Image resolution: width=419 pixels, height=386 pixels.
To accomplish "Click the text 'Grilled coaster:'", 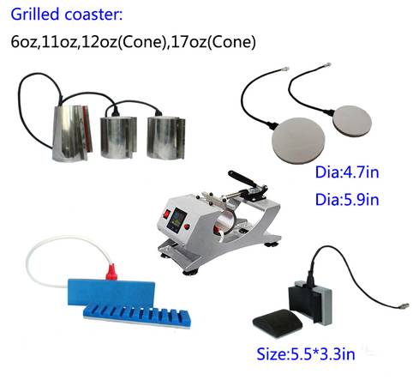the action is tap(67, 15).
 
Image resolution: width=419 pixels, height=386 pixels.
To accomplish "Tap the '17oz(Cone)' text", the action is tap(213, 42).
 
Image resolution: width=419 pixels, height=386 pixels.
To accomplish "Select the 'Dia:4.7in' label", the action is tap(347, 172).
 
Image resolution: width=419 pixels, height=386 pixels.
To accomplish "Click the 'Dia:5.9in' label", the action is tap(347, 199).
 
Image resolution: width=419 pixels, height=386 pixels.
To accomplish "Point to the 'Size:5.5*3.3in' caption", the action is tap(306, 354).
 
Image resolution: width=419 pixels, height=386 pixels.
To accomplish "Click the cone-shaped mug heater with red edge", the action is tap(72, 133).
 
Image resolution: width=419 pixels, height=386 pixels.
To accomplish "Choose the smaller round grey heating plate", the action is tap(352, 121).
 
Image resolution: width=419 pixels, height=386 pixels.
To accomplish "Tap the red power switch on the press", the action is tap(166, 214).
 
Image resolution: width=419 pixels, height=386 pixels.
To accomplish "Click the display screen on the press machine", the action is tap(177, 220).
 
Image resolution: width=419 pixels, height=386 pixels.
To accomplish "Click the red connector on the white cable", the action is tap(111, 272).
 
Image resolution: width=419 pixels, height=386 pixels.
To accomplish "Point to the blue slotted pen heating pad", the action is tap(137, 316).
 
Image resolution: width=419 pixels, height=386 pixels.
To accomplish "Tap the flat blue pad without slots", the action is tap(111, 293).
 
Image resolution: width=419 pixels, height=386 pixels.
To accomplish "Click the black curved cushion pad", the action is tap(278, 323).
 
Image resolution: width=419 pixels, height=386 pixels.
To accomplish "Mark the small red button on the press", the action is tap(187, 226).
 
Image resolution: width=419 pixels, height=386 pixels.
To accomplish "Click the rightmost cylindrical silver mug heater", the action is tap(166, 138).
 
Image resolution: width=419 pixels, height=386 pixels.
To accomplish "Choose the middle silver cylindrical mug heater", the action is tap(118, 137).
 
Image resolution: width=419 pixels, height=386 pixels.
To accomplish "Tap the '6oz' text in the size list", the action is tap(24, 42).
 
